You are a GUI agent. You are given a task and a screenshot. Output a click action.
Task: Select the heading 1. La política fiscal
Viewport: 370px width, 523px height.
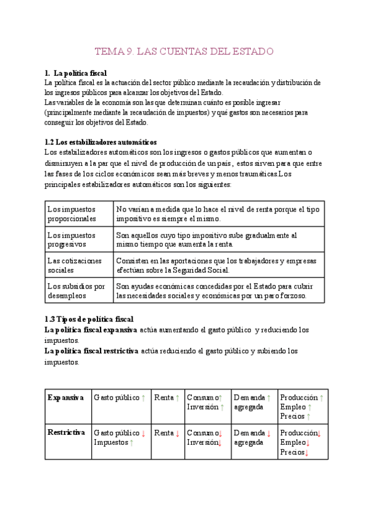[x=76, y=73]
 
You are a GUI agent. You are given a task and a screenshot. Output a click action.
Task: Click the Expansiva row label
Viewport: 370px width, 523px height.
[x=65, y=398]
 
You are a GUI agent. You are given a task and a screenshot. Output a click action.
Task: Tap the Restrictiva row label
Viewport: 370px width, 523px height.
[x=66, y=432]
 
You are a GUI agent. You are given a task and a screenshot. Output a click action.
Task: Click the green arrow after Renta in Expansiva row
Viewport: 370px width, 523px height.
[x=178, y=398]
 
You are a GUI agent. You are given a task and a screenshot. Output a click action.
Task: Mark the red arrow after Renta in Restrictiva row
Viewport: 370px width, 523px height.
[x=178, y=433]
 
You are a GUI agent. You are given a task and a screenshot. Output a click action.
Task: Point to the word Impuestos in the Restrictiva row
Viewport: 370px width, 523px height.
[x=110, y=442]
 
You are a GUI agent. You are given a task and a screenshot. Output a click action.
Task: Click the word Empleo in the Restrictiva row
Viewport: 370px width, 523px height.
[x=292, y=442]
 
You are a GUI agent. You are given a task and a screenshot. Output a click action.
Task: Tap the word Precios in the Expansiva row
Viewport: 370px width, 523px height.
[x=292, y=416]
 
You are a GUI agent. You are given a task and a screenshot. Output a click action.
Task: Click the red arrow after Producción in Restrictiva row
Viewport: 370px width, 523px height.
[x=319, y=433]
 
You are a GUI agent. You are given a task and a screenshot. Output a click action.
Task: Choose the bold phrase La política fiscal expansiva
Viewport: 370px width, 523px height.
[x=91, y=330]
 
